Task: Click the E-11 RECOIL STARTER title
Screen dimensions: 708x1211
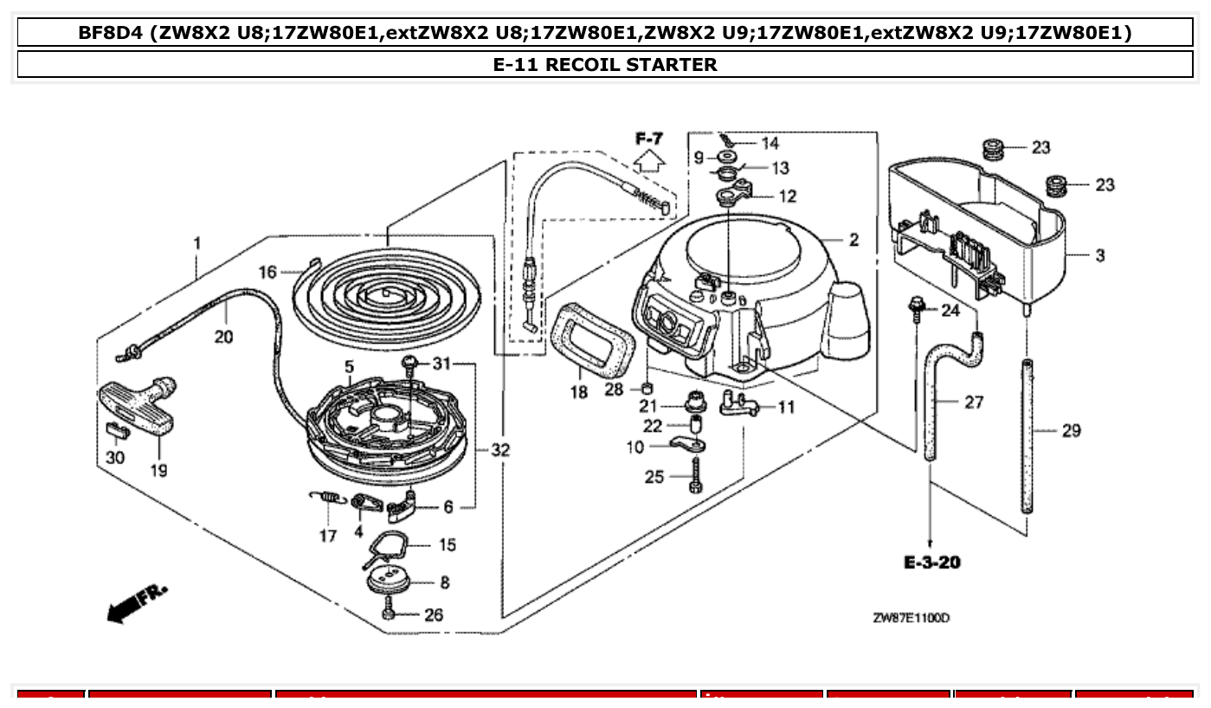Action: pyautogui.click(x=605, y=65)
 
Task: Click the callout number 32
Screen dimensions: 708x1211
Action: pyautogui.click(x=499, y=450)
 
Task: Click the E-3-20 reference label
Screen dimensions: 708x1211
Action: pyautogui.click(x=931, y=563)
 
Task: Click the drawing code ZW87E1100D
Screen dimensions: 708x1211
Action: pyautogui.click(x=911, y=618)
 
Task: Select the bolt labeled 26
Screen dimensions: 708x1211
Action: pyautogui.click(x=388, y=614)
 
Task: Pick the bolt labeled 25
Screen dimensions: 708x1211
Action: pyautogui.click(x=695, y=477)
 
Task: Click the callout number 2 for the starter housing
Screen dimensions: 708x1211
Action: pyautogui.click(x=853, y=241)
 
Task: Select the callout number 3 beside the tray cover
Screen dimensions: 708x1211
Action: pyautogui.click(x=1099, y=255)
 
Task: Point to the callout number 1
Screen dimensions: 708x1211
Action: pyautogui.click(x=197, y=243)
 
